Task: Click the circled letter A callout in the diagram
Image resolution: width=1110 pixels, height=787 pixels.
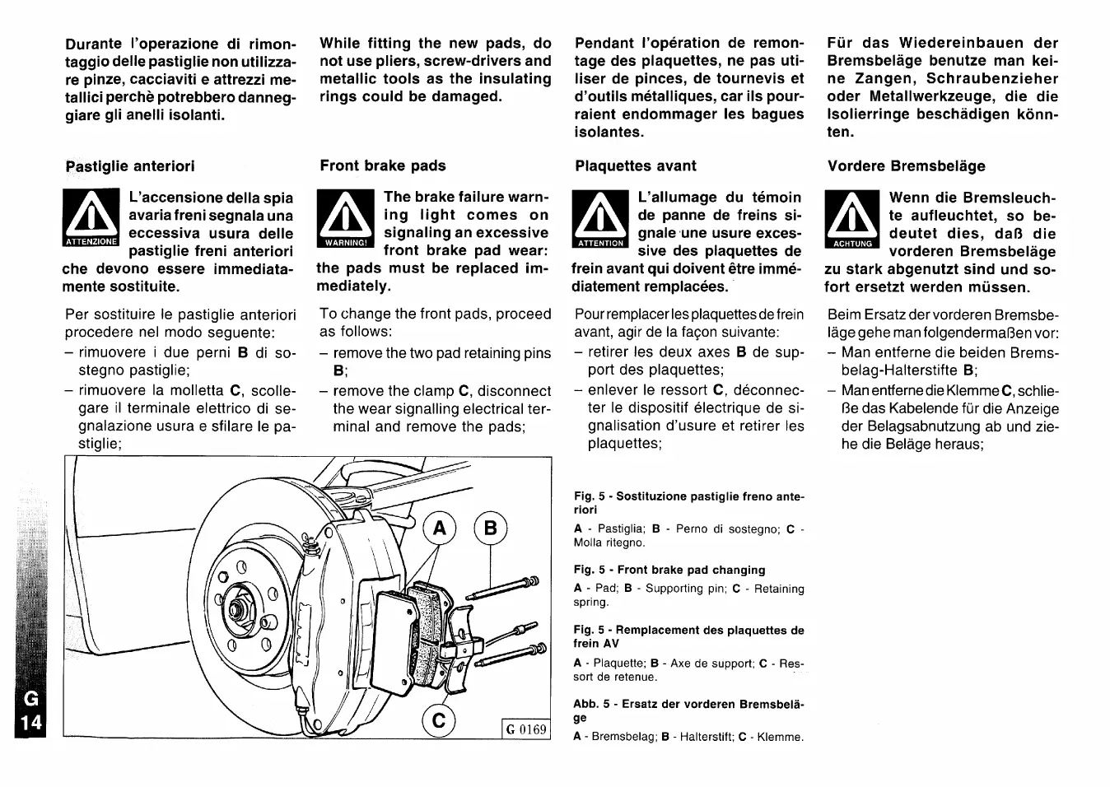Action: [x=440, y=528]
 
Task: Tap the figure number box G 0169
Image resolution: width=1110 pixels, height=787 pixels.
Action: [x=526, y=729]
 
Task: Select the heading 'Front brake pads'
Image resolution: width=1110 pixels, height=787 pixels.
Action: [x=383, y=165]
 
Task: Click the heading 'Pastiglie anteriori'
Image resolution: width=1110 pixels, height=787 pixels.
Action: [x=130, y=165]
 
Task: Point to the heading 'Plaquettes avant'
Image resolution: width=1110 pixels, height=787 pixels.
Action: [x=636, y=165]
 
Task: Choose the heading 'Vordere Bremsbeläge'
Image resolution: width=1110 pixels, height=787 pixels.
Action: [x=907, y=165]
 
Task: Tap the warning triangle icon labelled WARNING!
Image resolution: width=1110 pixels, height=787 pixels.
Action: [x=345, y=218]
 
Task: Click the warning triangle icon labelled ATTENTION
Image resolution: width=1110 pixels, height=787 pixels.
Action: [x=600, y=219]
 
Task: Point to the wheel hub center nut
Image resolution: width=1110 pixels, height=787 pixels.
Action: [x=240, y=610]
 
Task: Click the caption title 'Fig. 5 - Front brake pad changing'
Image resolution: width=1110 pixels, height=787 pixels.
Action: [x=669, y=570]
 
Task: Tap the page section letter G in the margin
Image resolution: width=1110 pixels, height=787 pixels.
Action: [x=30, y=700]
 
